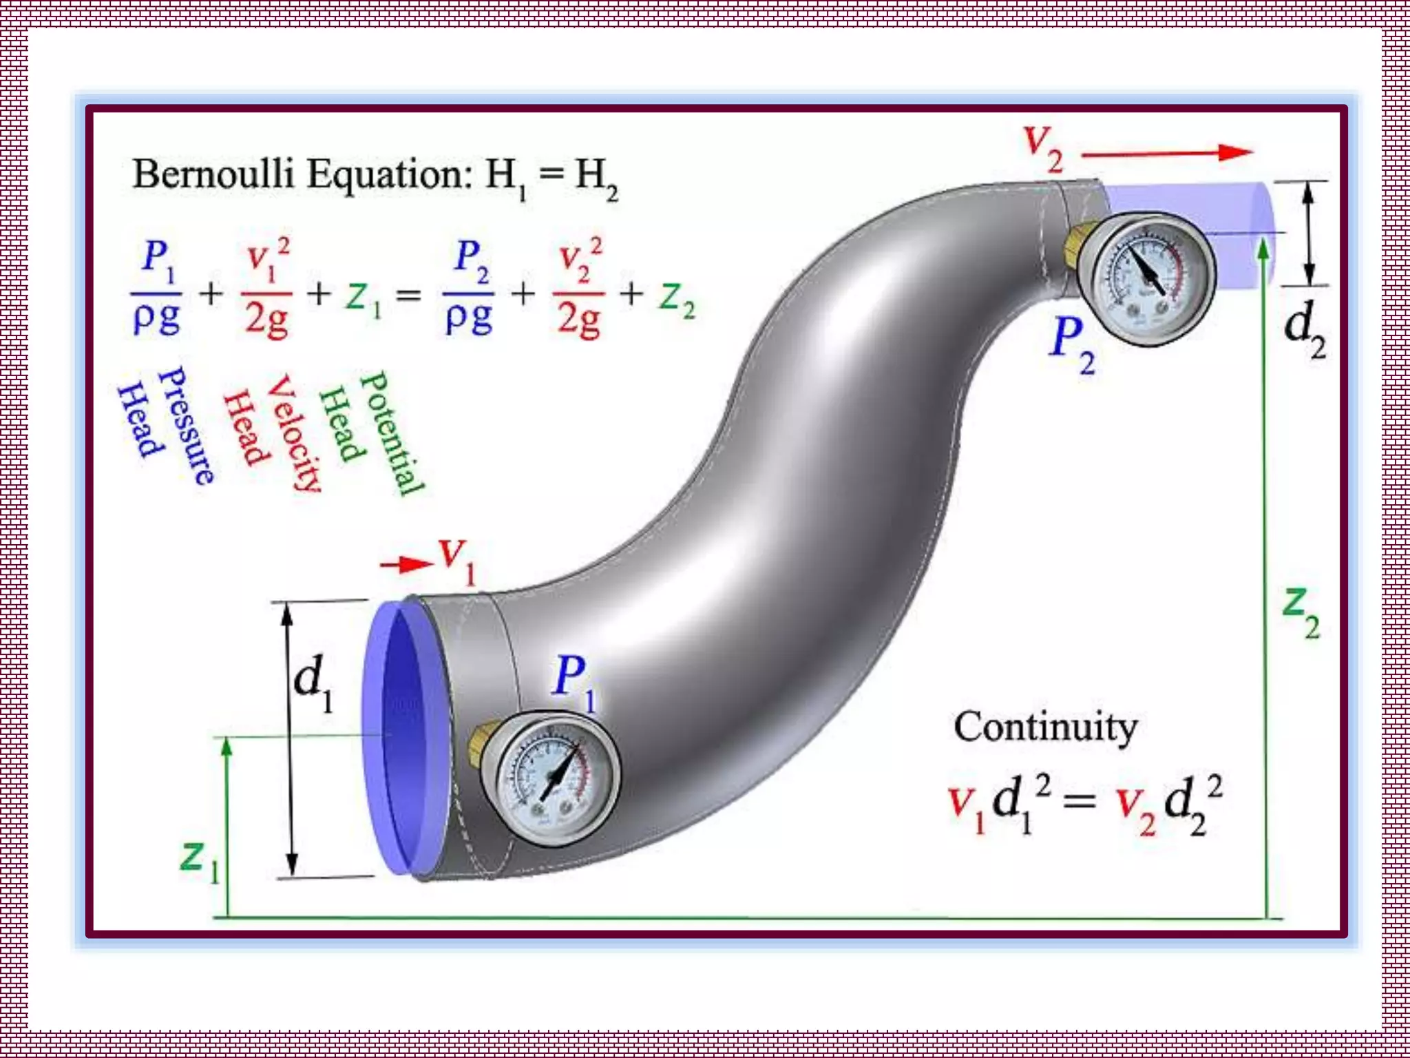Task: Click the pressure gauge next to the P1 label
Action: tap(551, 778)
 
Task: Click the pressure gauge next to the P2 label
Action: tap(1146, 279)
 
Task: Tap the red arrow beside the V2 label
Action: tap(1167, 153)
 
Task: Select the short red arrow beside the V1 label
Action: tap(406, 565)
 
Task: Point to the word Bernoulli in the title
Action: tap(213, 174)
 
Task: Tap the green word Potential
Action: tap(392, 433)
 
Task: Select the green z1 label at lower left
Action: tap(200, 861)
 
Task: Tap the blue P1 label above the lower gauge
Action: tap(574, 682)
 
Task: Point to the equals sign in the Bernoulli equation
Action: tap(408, 296)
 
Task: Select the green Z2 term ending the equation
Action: tap(677, 299)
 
